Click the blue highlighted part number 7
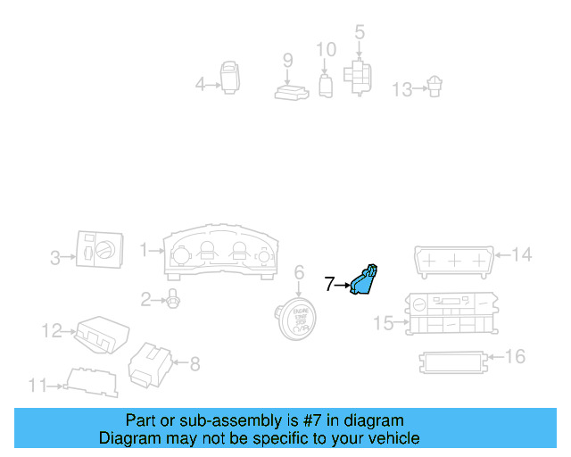pos(364,281)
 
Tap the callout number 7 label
pos(329,285)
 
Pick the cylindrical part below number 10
pos(326,86)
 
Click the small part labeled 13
pos(434,87)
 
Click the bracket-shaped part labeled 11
pos(91,381)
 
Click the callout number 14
pos(521,255)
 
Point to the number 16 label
pos(515,357)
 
